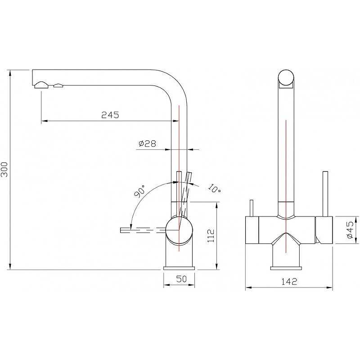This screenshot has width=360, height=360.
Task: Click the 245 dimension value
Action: click(110, 115)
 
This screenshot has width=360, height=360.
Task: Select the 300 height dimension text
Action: click(4, 170)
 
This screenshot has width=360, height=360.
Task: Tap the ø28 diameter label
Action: click(147, 144)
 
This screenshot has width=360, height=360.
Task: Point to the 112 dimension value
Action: click(211, 235)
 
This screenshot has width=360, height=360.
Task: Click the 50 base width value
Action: click(181, 279)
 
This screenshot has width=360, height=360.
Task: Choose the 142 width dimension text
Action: click(289, 282)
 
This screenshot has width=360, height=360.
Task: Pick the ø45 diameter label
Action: click(350, 230)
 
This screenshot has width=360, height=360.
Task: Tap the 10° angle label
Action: click(215, 189)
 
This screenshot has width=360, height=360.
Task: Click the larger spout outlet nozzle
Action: click(41, 85)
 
